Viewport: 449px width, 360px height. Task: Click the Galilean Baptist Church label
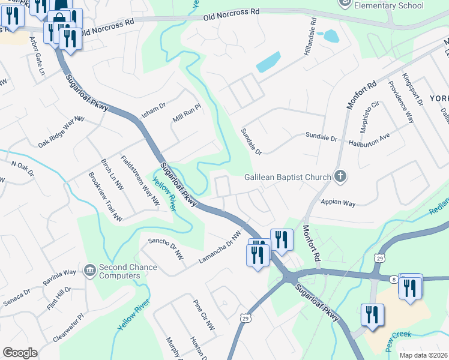click(288, 177)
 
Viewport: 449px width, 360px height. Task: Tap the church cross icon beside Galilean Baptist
click(340, 176)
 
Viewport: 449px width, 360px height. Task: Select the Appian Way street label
click(338, 203)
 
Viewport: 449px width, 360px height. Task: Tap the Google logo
click(20, 353)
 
